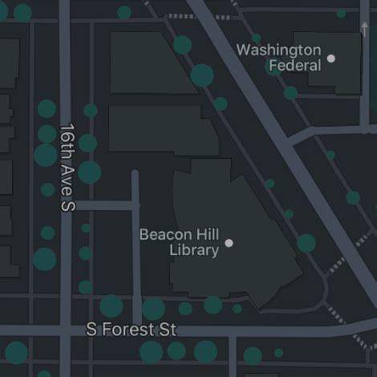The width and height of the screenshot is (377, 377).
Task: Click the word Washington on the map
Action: tap(278, 51)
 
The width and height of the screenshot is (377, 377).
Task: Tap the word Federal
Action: tap(294, 65)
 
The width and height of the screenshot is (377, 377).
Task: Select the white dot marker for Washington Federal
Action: tap(331, 58)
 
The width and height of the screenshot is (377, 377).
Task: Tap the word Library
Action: tap(194, 250)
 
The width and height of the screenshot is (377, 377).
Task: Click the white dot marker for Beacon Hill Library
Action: tap(229, 242)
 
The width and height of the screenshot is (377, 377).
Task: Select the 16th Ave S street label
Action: tap(67, 167)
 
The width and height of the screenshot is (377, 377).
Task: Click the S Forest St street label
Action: tap(131, 330)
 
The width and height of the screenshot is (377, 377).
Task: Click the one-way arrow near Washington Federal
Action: tap(365, 30)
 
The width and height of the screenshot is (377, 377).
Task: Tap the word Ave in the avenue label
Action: tap(67, 176)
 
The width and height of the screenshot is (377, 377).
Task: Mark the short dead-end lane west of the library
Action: tap(136, 241)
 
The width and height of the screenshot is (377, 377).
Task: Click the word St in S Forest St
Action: tap(166, 330)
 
